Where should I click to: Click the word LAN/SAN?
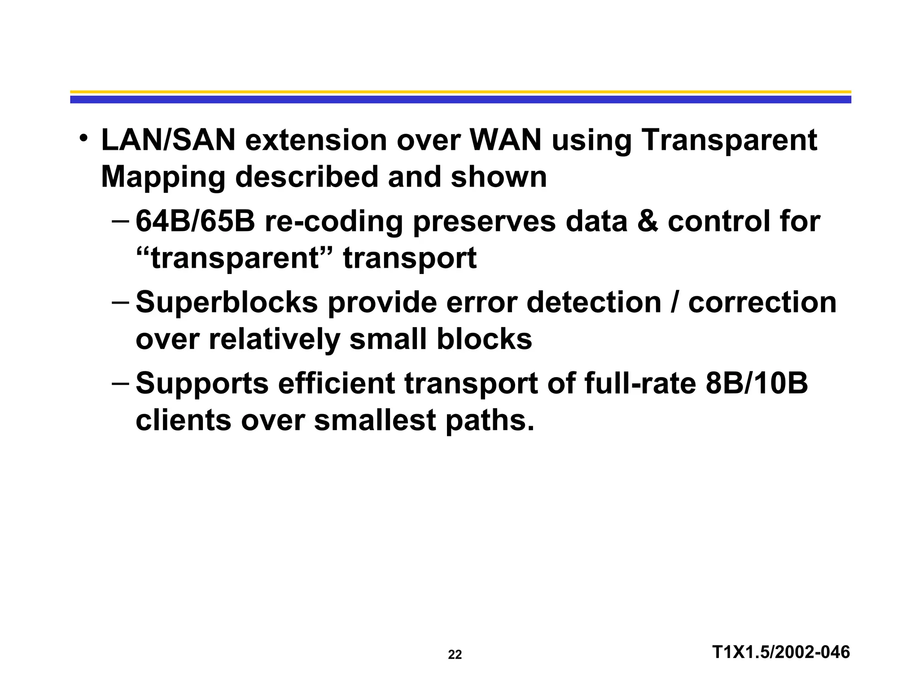click(168, 140)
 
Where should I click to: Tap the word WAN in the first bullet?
click(506, 140)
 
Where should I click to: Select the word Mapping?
click(163, 178)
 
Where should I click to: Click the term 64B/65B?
click(195, 222)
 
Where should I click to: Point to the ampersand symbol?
click(647, 222)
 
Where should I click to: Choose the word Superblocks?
click(227, 303)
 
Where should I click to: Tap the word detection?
click(594, 303)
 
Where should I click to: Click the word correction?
click(762, 303)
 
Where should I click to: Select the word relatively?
click(274, 340)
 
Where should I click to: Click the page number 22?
click(455, 655)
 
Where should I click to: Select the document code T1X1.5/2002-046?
click(781, 652)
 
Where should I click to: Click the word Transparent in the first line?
click(729, 140)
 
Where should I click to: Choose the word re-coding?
click(334, 222)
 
